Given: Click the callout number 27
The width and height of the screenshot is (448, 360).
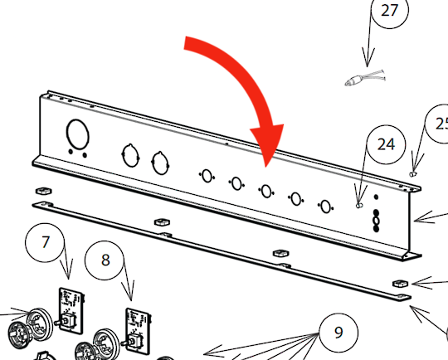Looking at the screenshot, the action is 389,10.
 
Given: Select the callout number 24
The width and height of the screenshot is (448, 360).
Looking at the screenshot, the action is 386,144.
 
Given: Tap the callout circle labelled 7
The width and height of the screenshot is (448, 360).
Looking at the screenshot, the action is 45,242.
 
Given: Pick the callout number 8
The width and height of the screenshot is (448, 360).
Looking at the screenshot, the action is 105,260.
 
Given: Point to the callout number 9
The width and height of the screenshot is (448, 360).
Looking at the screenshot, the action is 338,333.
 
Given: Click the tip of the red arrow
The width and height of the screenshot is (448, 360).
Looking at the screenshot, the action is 266,168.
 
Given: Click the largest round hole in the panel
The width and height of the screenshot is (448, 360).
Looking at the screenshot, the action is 78,134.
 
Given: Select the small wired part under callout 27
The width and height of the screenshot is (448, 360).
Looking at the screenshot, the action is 365,78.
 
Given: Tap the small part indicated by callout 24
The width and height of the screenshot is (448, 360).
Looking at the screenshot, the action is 359,205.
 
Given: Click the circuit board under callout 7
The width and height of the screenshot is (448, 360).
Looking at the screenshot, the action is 71,310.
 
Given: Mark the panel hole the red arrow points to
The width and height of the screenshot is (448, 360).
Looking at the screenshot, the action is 266,191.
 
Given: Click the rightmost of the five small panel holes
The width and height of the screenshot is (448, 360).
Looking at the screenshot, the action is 325,207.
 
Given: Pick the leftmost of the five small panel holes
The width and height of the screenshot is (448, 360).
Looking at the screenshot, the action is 207,176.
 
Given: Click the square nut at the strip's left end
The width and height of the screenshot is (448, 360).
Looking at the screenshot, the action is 44,190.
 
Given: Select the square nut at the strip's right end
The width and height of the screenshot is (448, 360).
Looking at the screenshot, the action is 401,284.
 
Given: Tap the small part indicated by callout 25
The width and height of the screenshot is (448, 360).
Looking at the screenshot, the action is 413,173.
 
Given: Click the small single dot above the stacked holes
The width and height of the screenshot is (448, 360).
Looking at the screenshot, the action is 377,197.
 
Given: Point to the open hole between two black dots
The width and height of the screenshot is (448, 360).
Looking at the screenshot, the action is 377,221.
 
